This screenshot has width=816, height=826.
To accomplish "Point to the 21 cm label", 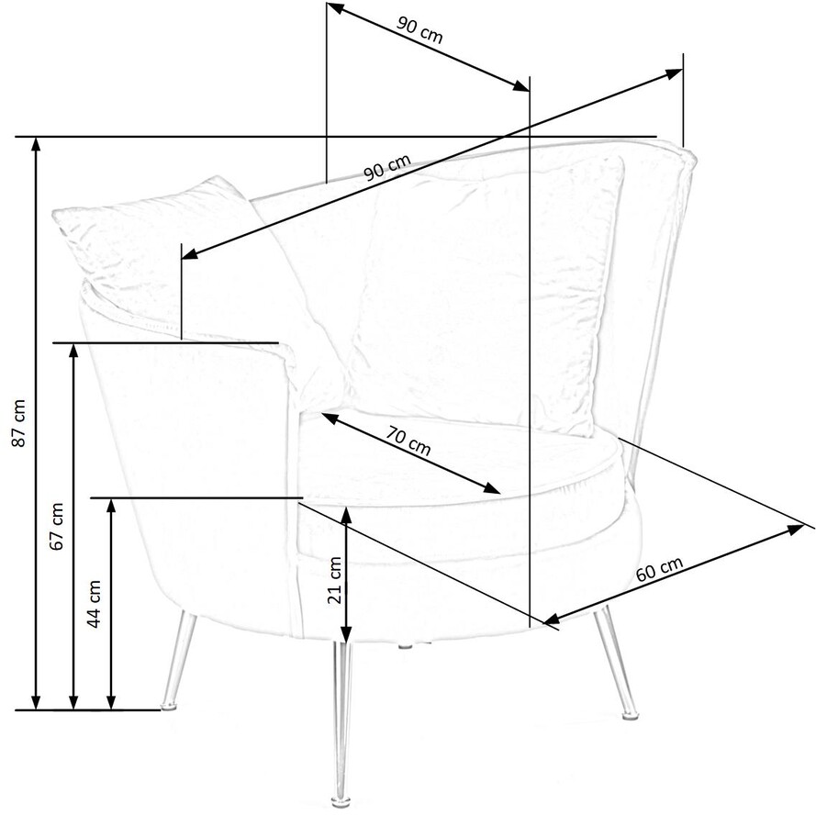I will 334,579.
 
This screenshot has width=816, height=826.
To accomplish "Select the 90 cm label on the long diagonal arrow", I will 386,168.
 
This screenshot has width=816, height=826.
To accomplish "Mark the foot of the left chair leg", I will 168,705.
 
